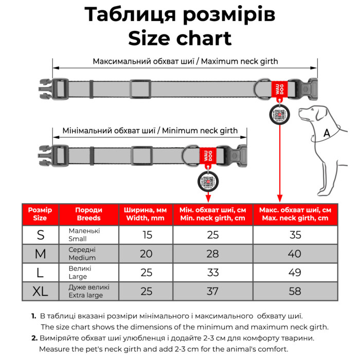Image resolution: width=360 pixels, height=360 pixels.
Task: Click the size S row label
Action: [x=41, y=235]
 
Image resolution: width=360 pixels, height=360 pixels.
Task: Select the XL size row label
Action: [x=41, y=291]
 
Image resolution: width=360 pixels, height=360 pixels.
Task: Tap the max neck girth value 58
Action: [x=295, y=291]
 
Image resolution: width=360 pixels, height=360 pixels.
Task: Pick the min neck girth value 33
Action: [x=212, y=273]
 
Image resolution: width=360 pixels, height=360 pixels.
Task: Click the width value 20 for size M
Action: [x=146, y=254]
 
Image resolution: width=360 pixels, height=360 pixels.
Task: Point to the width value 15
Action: [x=146, y=235]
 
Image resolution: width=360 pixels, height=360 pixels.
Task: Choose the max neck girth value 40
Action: [x=295, y=254]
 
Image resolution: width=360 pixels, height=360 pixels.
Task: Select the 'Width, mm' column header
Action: [x=146, y=214]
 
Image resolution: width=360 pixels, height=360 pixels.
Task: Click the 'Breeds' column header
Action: [x=88, y=214]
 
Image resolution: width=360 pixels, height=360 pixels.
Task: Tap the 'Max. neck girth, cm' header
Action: [x=295, y=214]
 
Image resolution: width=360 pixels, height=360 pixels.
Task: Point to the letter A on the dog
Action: [x=326, y=133]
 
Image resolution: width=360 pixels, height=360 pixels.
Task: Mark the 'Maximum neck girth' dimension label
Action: [x=185, y=61]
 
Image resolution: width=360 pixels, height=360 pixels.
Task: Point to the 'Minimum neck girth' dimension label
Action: [x=150, y=131]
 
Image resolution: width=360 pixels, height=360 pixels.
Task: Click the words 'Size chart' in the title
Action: [x=179, y=38]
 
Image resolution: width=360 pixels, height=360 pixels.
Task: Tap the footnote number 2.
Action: [x=34, y=338]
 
